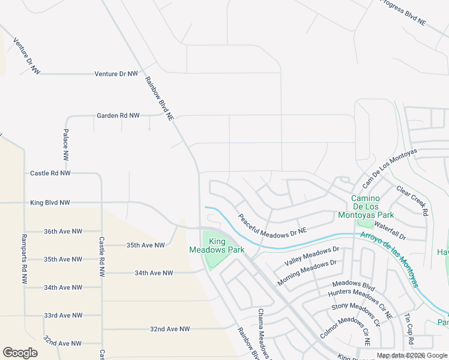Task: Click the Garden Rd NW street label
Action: [x=118, y=115]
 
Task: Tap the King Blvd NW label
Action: [x=50, y=203]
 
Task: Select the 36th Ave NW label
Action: [x=63, y=231]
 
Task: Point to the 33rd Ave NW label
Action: [x=63, y=316]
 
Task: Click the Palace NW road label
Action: [x=65, y=144]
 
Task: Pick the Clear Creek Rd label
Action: [x=412, y=200]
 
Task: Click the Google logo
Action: [x=20, y=353]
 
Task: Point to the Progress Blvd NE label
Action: [x=403, y=12]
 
